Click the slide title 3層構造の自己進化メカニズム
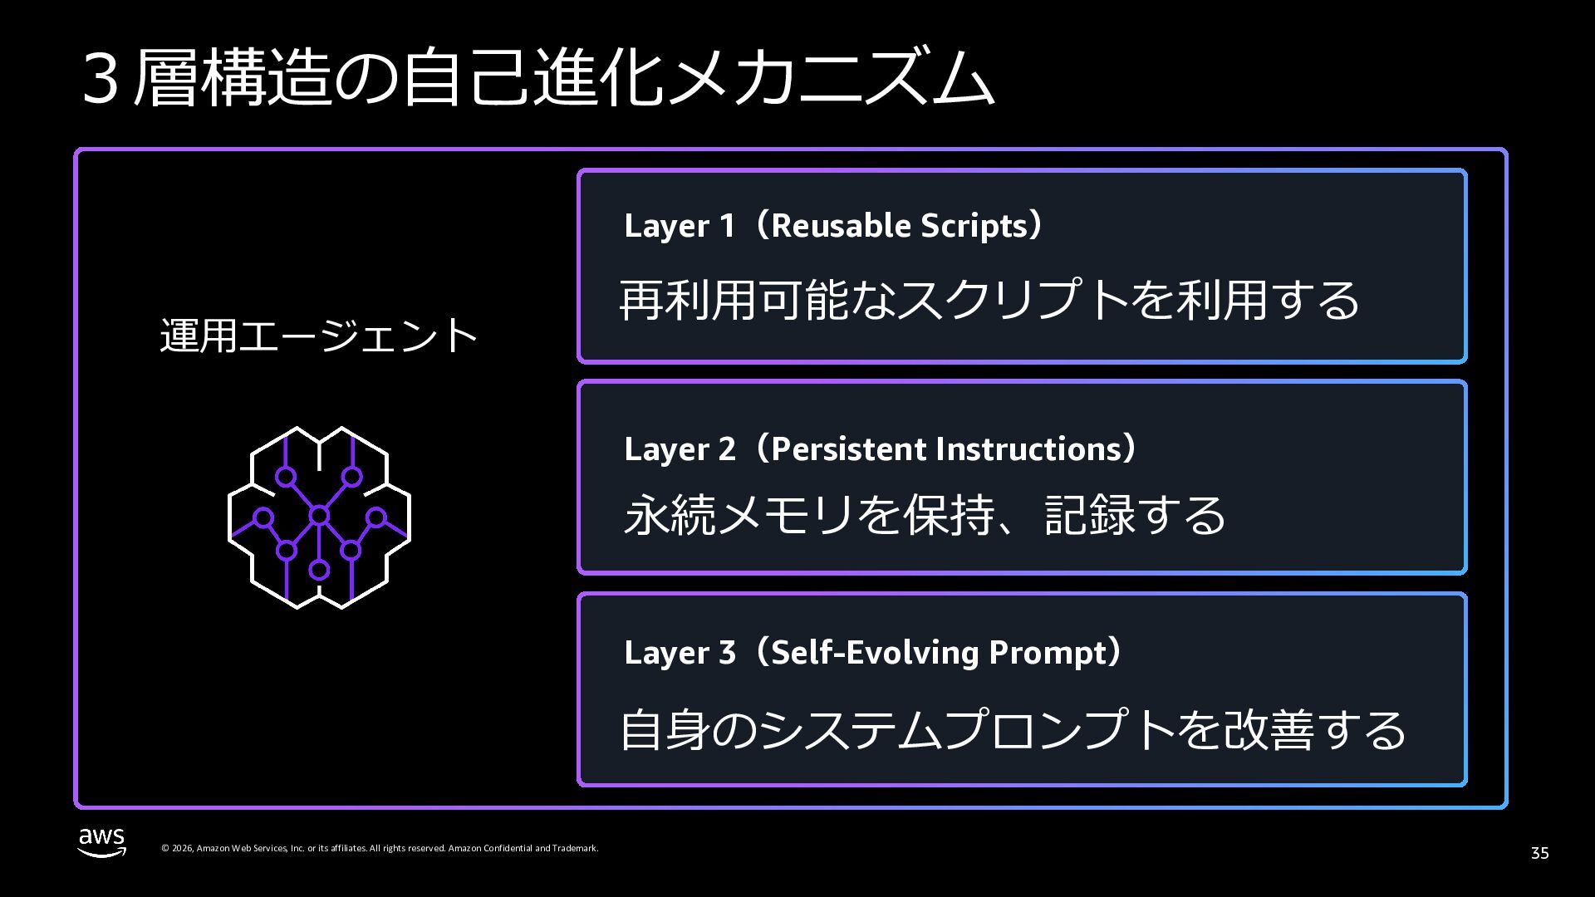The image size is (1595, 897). click(x=537, y=79)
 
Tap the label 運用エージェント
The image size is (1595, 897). click(x=319, y=336)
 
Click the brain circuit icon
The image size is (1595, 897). click(x=319, y=517)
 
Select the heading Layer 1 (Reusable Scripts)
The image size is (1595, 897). click(x=832, y=226)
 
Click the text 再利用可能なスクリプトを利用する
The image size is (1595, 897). click(x=989, y=299)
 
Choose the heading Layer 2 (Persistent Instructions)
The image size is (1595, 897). click(x=880, y=448)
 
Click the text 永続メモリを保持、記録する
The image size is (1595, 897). click(x=925, y=514)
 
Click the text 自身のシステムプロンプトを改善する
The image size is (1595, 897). click(x=1013, y=729)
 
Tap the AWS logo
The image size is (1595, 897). click(x=102, y=841)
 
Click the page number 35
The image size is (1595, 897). click(x=1539, y=853)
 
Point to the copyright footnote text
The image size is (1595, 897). click(x=380, y=848)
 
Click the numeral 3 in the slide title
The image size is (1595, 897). click(x=100, y=81)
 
